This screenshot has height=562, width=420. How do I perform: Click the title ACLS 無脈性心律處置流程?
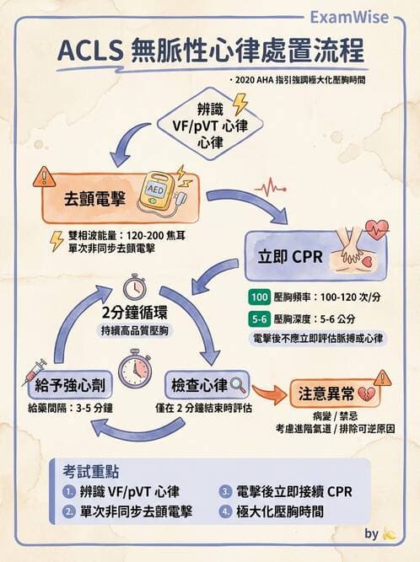tap(211, 52)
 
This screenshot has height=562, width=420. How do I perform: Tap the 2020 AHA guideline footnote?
tap(303, 80)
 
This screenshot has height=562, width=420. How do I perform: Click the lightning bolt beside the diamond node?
tap(240, 104)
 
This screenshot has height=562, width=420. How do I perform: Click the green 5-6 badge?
tap(259, 318)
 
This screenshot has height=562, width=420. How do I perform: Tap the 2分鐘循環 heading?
tap(133, 313)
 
